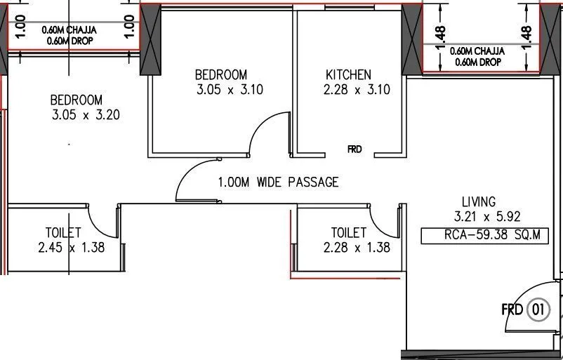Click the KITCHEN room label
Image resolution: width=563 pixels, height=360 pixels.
[348, 74]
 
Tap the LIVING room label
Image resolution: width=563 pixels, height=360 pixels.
[478, 201]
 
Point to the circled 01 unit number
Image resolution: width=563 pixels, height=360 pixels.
[539, 309]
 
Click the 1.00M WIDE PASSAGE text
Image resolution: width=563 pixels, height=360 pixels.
[278, 182]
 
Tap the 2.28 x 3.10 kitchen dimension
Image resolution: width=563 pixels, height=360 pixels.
[357, 90]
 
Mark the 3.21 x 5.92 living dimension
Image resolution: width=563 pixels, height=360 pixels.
[487, 217]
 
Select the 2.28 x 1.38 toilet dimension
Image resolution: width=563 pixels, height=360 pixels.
[357, 247]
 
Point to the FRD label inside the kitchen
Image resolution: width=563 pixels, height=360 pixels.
[355, 149]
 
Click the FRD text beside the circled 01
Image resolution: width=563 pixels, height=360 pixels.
[512, 309]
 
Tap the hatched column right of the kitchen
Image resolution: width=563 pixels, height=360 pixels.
[410, 42]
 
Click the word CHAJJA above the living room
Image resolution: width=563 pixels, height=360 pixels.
[490, 51]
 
